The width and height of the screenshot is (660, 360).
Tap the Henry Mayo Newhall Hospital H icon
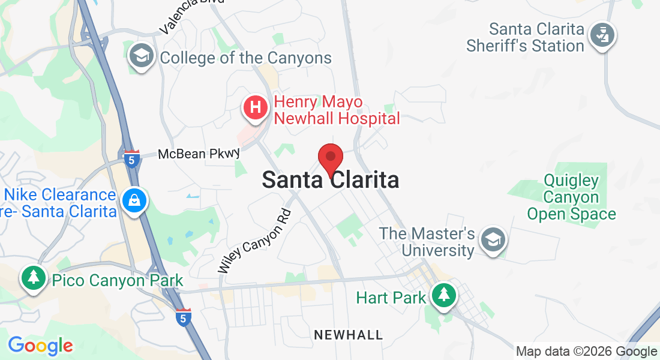[x=256, y=108]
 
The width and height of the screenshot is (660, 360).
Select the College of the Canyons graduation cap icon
[x=142, y=56]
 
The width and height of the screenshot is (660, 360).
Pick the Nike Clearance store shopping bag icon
[x=134, y=201]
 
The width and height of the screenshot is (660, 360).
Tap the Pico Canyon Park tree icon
[x=34, y=278]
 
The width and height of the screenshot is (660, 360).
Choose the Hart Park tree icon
[x=443, y=295]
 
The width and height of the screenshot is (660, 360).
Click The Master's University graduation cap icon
[x=493, y=241]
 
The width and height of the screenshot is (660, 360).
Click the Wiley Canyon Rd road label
[x=254, y=241]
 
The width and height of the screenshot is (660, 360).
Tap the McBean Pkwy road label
[x=199, y=154]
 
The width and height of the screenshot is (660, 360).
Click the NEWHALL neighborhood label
[x=349, y=335]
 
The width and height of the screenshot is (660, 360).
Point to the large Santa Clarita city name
[x=330, y=180]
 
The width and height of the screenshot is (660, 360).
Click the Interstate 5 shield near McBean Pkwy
[x=133, y=159]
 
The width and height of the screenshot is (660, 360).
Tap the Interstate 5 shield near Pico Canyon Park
[x=184, y=317]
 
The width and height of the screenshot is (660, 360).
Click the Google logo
[x=40, y=346]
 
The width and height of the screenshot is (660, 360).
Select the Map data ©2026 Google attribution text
[x=586, y=352]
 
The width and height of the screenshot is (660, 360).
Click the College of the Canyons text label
[x=245, y=58]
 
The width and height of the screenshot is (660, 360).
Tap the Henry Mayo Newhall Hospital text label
[x=337, y=110]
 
